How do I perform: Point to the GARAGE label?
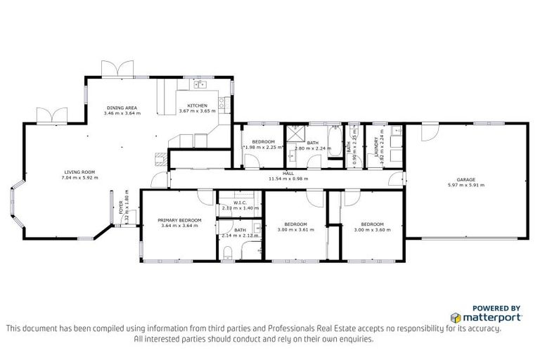tap(466, 179)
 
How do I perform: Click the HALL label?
tap(288, 173)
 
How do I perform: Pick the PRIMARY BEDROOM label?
tap(181, 220)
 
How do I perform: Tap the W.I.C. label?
tap(240, 202)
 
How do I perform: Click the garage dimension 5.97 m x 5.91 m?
tap(466, 185)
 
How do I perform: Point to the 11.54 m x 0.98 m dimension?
tap(288, 179)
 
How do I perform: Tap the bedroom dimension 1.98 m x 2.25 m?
tap(263, 148)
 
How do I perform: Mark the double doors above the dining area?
tap(117, 70)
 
